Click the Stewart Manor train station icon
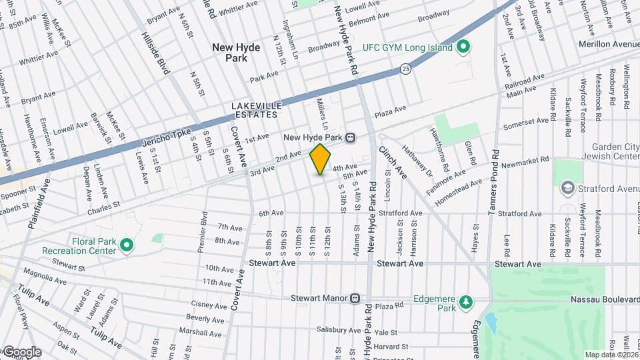click(x=355, y=299)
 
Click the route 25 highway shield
click(x=405, y=68)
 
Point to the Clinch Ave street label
click(x=393, y=162)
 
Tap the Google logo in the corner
click(x=21, y=352)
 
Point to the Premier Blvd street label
click(x=202, y=232)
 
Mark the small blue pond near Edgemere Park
click(x=491, y=323)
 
